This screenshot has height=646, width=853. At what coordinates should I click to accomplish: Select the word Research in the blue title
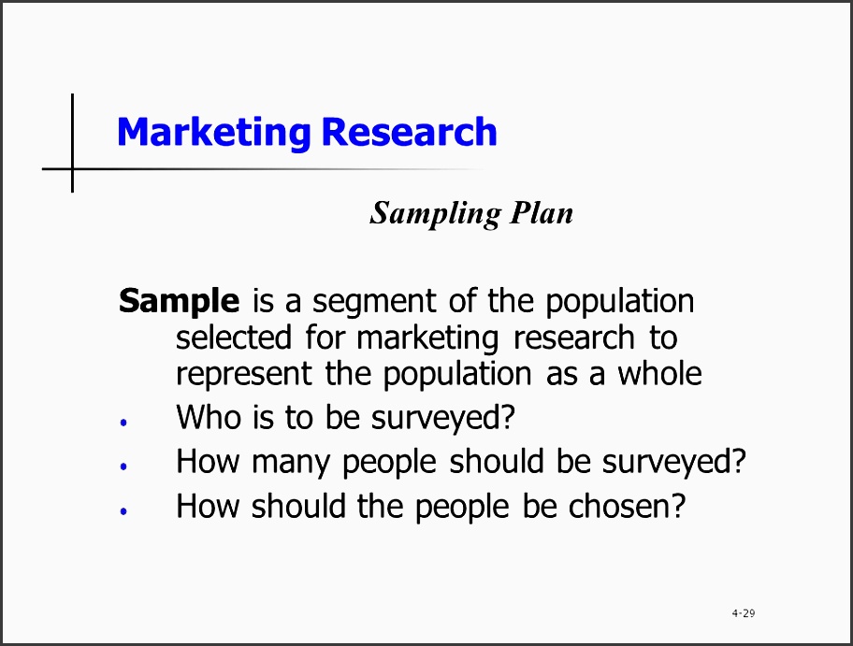(409, 132)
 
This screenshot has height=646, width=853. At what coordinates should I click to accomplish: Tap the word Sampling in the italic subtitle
(435, 214)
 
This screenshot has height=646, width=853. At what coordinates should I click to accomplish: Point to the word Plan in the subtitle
(542, 212)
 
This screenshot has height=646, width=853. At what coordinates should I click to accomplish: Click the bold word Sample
(179, 302)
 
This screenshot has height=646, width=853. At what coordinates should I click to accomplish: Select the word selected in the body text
(234, 337)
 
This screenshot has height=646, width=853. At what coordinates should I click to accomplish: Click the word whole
(659, 373)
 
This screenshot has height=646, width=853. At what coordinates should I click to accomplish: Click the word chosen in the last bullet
(627, 507)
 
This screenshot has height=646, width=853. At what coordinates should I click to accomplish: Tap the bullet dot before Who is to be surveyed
(123, 422)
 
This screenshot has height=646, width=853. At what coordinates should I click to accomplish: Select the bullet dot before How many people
(123, 466)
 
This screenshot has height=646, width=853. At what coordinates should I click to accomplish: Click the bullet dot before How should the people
(123, 510)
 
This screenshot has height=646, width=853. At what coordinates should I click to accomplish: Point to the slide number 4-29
(744, 613)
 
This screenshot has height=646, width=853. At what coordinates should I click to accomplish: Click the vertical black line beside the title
(72, 143)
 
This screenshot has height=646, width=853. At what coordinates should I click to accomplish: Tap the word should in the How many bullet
(497, 461)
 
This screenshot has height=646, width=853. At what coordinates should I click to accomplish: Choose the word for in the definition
(325, 337)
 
